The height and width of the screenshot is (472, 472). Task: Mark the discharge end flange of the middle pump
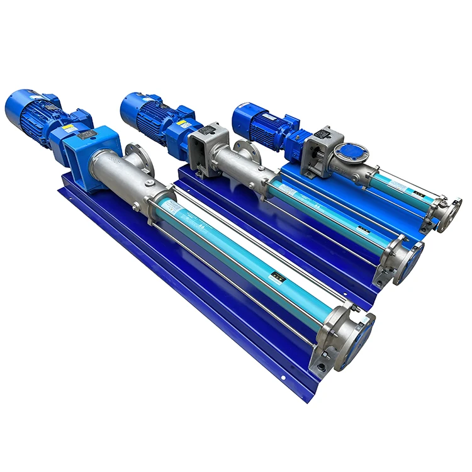click(x=408, y=255)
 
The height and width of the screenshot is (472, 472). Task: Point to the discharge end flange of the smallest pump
click(x=449, y=211)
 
